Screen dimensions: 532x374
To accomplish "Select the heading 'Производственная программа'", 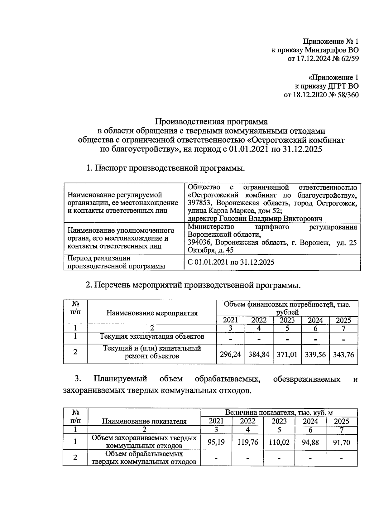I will (x=212, y=121).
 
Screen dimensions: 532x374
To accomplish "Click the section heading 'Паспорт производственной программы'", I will (x=170, y=168).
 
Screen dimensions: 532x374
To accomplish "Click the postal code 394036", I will (x=200, y=242).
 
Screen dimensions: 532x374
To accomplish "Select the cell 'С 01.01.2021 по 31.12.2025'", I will (x=231, y=262).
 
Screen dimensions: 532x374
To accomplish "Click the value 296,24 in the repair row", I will (x=230, y=354).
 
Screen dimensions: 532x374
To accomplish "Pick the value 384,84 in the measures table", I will (x=259, y=354).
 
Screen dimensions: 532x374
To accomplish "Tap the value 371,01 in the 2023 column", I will (x=287, y=354).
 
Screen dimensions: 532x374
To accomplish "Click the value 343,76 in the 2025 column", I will (x=343, y=354).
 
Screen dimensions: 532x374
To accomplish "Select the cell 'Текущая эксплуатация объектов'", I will (x=152, y=336).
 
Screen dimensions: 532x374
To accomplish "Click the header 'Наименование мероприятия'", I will (x=152, y=313).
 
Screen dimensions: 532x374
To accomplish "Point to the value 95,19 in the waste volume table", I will (x=216, y=442).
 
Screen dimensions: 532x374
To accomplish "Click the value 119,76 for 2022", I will (x=247, y=442).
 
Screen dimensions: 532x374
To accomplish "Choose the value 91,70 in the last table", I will (x=341, y=442).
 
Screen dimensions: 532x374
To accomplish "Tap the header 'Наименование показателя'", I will (x=144, y=421).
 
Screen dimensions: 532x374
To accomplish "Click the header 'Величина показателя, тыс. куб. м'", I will (x=279, y=413).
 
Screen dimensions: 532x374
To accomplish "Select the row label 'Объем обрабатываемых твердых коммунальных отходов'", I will (x=144, y=458).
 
